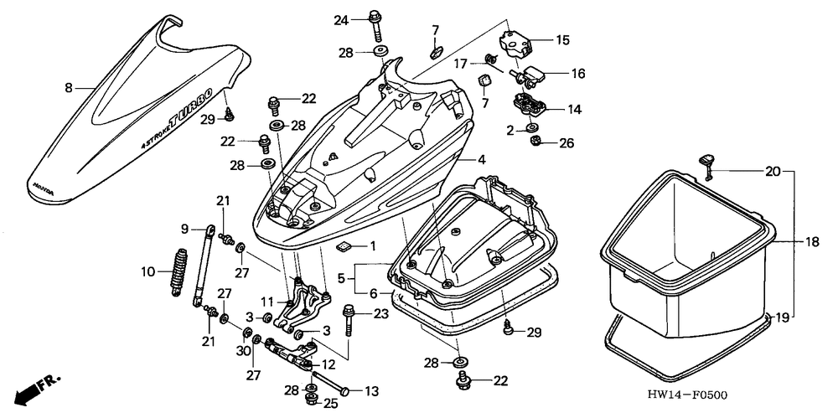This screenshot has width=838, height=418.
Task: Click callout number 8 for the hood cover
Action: click(69, 86)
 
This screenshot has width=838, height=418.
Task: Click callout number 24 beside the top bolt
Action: click(340, 18)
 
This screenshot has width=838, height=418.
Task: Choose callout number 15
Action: click(562, 39)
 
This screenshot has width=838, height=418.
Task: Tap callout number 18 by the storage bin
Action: click(812, 242)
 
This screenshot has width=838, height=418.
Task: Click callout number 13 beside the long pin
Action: click(370, 391)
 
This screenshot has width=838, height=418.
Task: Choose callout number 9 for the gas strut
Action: click(185, 229)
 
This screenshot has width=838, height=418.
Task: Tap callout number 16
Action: click(577, 73)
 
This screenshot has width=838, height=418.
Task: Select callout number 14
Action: click(574, 110)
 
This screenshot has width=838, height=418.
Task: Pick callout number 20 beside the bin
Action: click(773, 172)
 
